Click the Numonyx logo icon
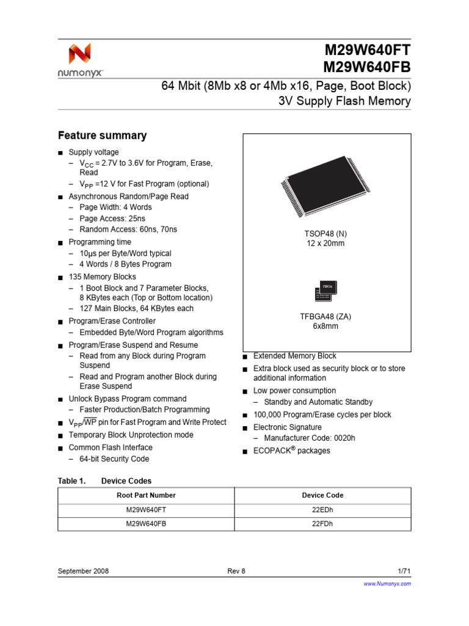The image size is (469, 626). pos(79,54)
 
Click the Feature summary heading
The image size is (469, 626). pos(102,136)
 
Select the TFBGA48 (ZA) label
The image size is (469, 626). pos(326,316)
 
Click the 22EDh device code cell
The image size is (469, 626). pos(322,509)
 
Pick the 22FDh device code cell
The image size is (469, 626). pos(322,524)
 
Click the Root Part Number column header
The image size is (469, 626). pos(146,495)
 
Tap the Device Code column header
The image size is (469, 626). pos(322,495)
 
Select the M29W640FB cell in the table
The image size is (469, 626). pos(146,524)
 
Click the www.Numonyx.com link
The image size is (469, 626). pos(387,584)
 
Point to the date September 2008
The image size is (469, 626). pos(83,571)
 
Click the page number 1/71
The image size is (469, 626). pos(404,571)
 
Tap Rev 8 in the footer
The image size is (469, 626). pos(236,571)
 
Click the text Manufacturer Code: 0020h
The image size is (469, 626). pos(309,439)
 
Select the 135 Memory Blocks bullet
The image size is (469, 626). pos(103,277)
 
